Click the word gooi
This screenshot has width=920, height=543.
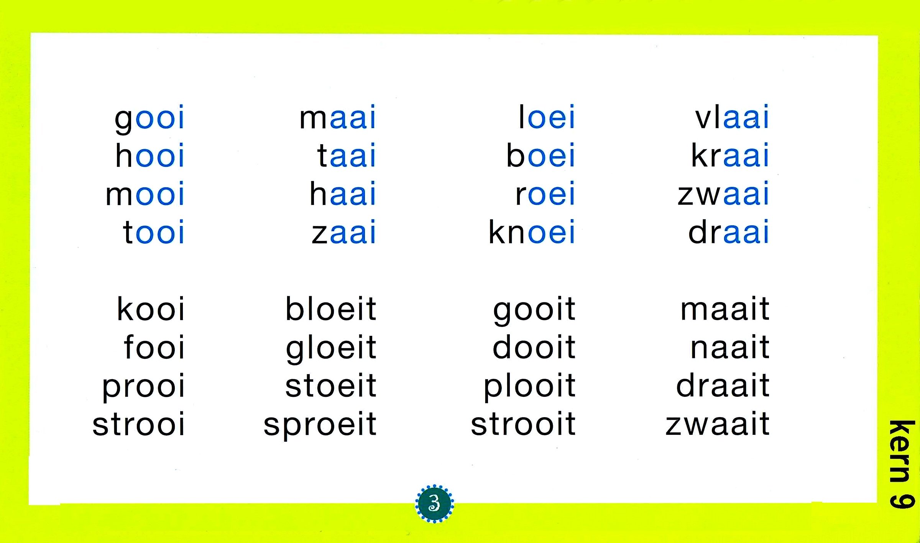[149, 119]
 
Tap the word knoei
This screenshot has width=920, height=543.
[532, 232]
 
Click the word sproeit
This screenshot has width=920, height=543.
[320, 425]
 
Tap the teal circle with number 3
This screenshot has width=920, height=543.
[434, 503]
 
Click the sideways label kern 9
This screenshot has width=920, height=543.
[902, 464]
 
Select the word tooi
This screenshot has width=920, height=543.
[154, 232]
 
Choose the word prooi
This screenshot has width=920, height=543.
[143, 387]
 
